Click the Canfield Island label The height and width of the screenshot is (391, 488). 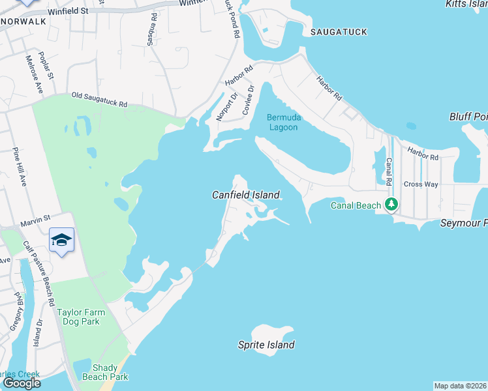tap(246, 195)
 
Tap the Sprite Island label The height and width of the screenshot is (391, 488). tap(266, 345)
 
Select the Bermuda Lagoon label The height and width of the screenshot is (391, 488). tap(282, 123)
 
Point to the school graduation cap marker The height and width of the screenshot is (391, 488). tap(61, 240)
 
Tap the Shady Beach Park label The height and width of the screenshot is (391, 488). tap(110, 371)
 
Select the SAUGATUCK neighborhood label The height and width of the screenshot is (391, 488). tap(339, 31)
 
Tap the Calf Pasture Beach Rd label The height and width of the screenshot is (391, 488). tap(38, 274)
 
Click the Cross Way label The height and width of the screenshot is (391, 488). tap(420, 184)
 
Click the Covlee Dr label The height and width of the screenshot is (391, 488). tap(247, 100)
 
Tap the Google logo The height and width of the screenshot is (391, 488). tap(22, 383)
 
